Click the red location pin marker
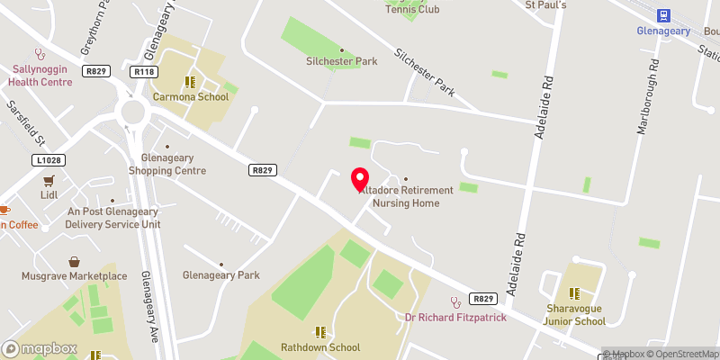point(359,179)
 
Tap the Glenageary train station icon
point(664,15)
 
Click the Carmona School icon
point(190,81)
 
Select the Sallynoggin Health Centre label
point(40,76)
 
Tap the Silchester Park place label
point(341,61)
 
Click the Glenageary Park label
point(220,275)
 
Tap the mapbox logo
point(39,348)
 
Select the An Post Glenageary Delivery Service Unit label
point(113,218)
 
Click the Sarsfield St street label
point(25,123)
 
